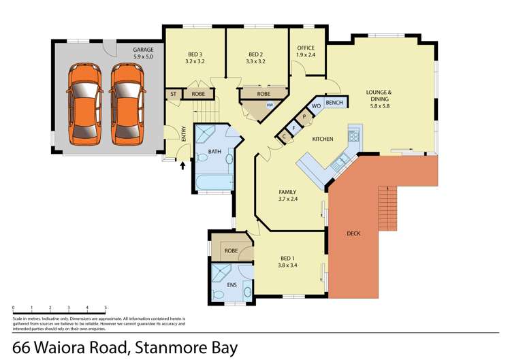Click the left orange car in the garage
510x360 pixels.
(86, 104)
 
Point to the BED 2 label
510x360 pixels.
(255, 54)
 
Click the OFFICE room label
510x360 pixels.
(306, 48)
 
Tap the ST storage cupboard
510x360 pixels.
(174, 94)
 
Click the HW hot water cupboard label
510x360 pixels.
(270, 105)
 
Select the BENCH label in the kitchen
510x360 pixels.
(334, 103)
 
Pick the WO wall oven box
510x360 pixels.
(316, 107)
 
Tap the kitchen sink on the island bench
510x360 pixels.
(339, 163)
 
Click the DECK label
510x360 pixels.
(353, 233)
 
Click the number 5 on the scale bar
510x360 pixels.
(106, 308)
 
